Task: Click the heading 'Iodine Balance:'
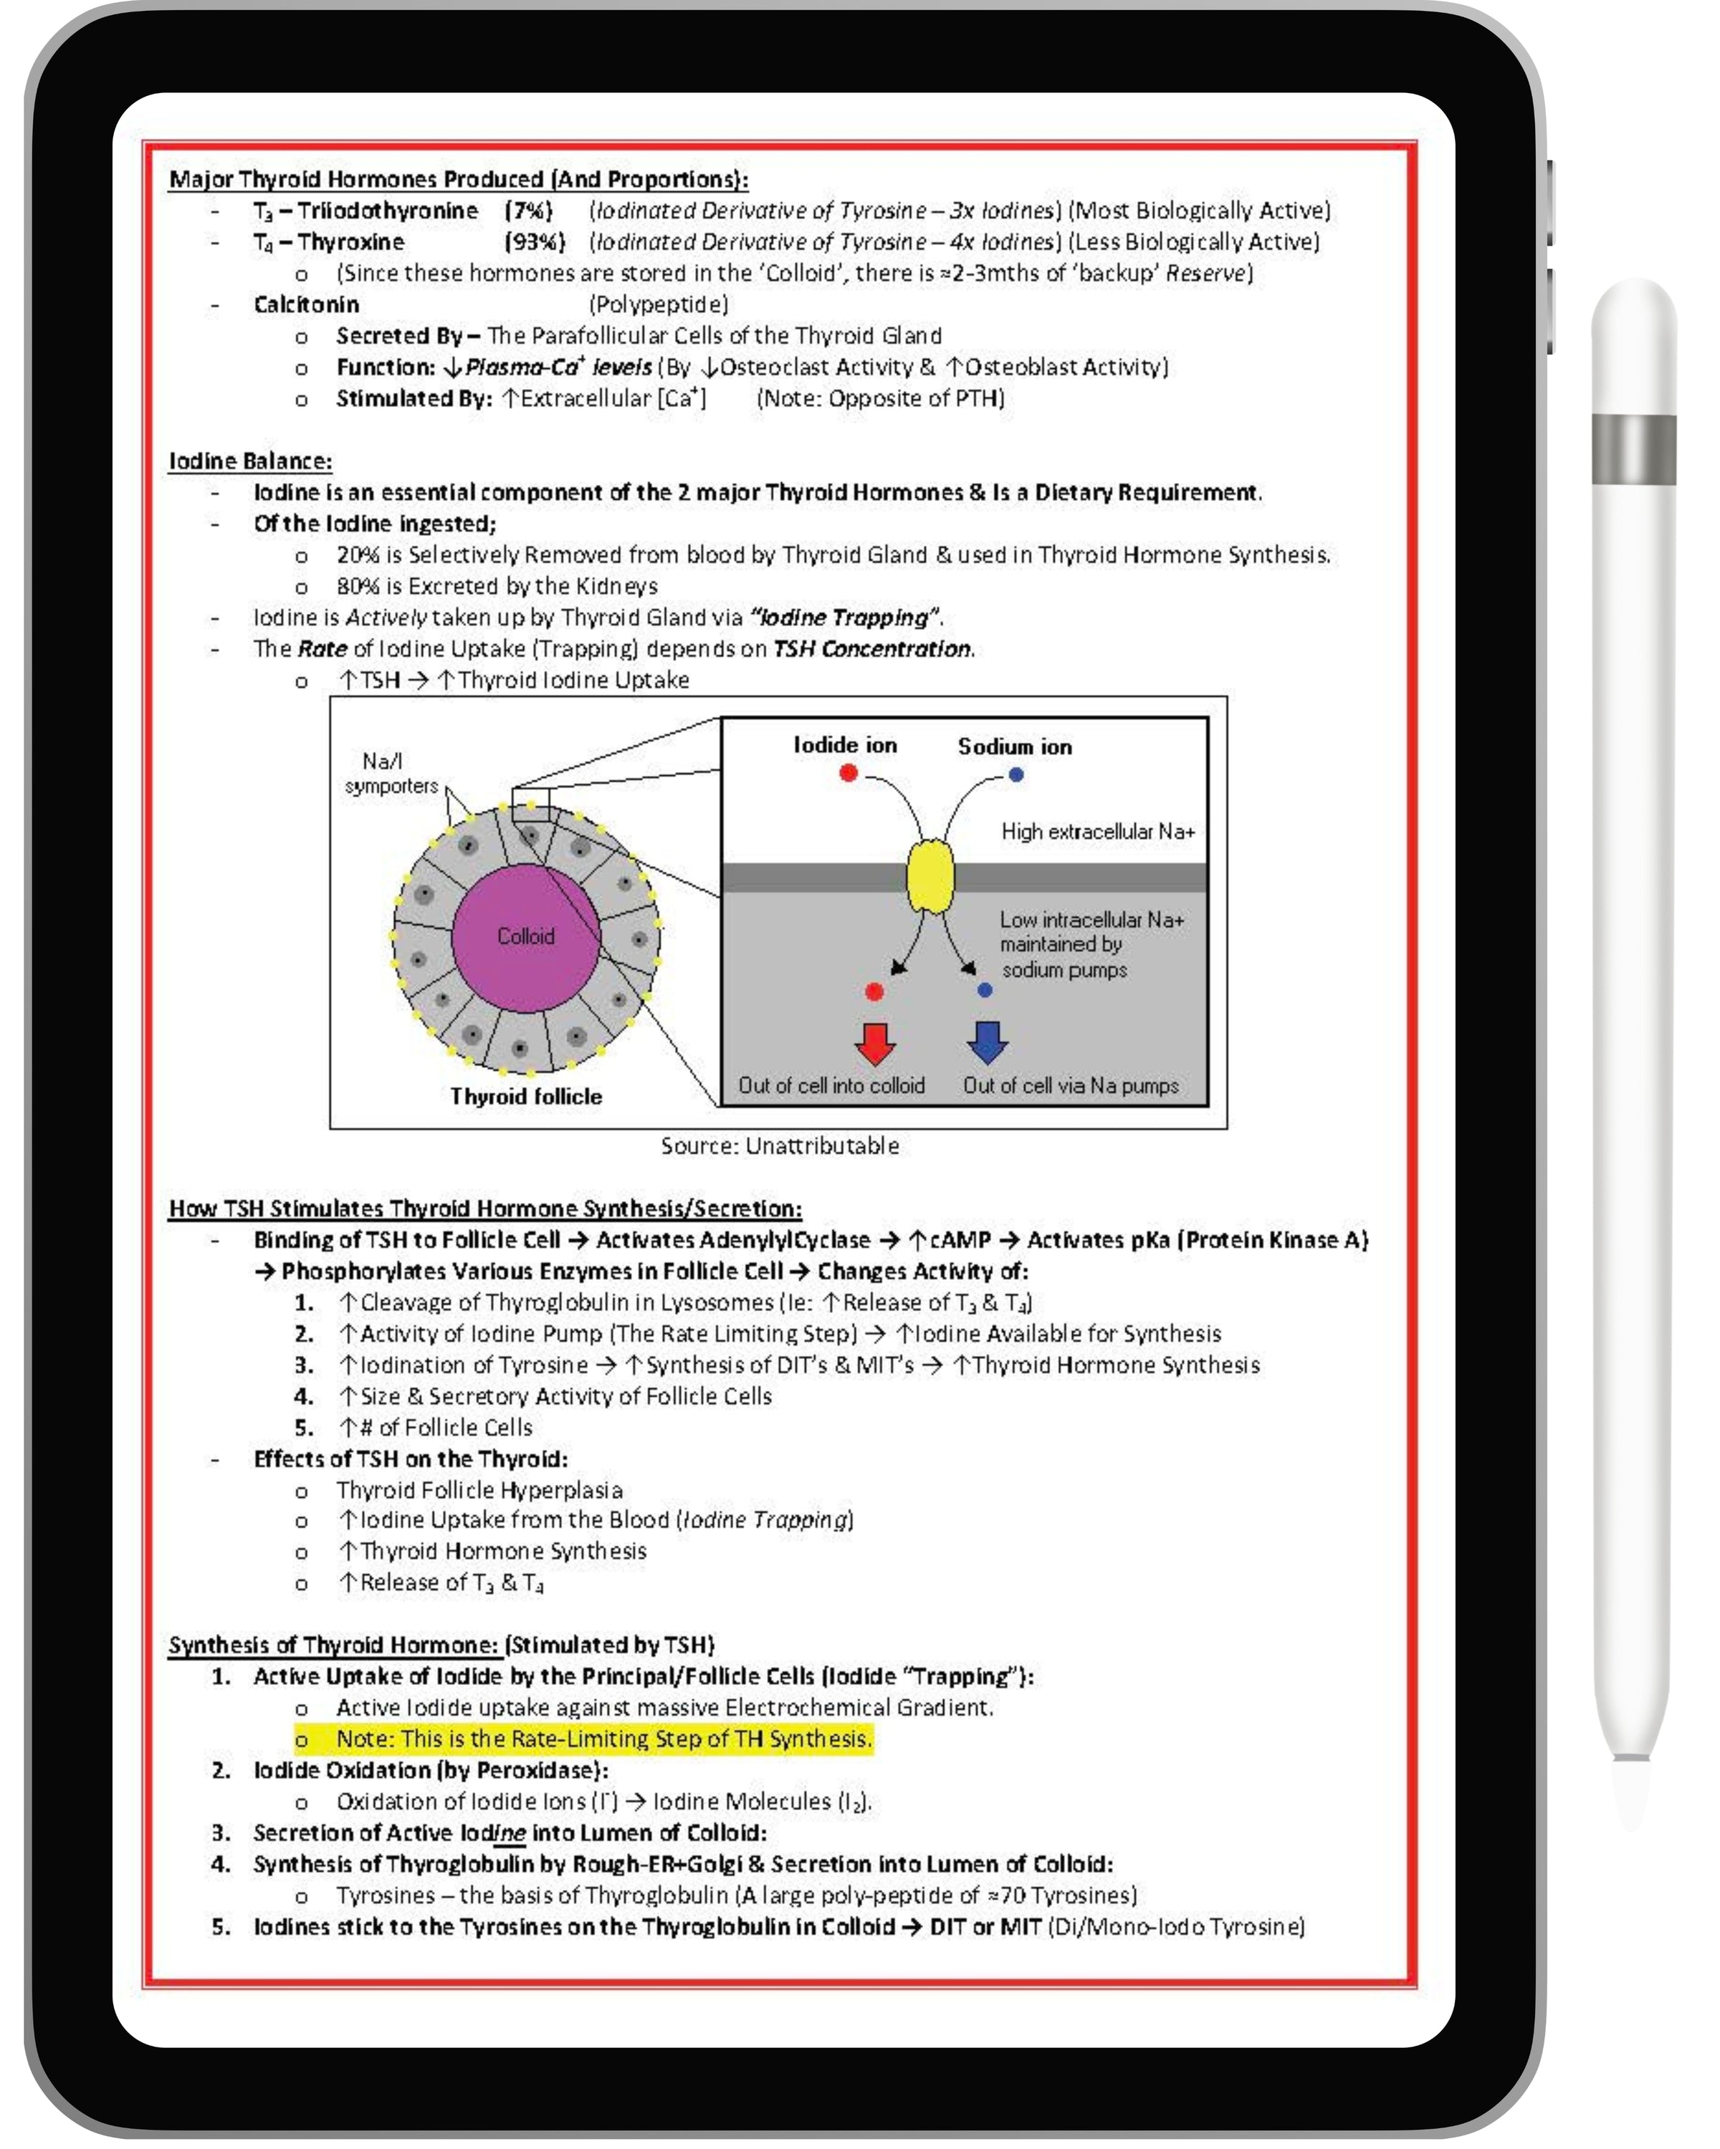pyautogui.click(x=249, y=461)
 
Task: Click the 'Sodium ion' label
pyautogui.click(x=1014, y=746)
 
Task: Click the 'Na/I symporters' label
pyautogui.click(x=390, y=774)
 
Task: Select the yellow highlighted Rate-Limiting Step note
pyautogui.click(x=603, y=1739)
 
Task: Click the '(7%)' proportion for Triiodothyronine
pyautogui.click(x=527, y=211)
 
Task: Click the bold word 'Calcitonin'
pyautogui.click(x=305, y=304)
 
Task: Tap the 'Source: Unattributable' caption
pyautogui.click(x=779, y=1146)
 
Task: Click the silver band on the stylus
pyautogui.click(x=1633, y=450)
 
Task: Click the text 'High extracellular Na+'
pyautogui.click(x=1096, y=831)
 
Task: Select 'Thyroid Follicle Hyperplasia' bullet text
pyautogui.click(x=479, y=1490)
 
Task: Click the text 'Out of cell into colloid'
pyautogui.click(x=831, y=1085)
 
